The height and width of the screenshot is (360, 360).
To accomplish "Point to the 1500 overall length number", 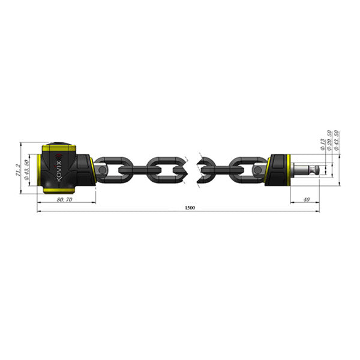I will click(x=190, y=208).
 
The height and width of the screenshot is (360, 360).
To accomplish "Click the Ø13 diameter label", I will click(x=322, y=142).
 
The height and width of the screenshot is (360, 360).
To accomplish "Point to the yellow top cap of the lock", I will click(x=58, y=146).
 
